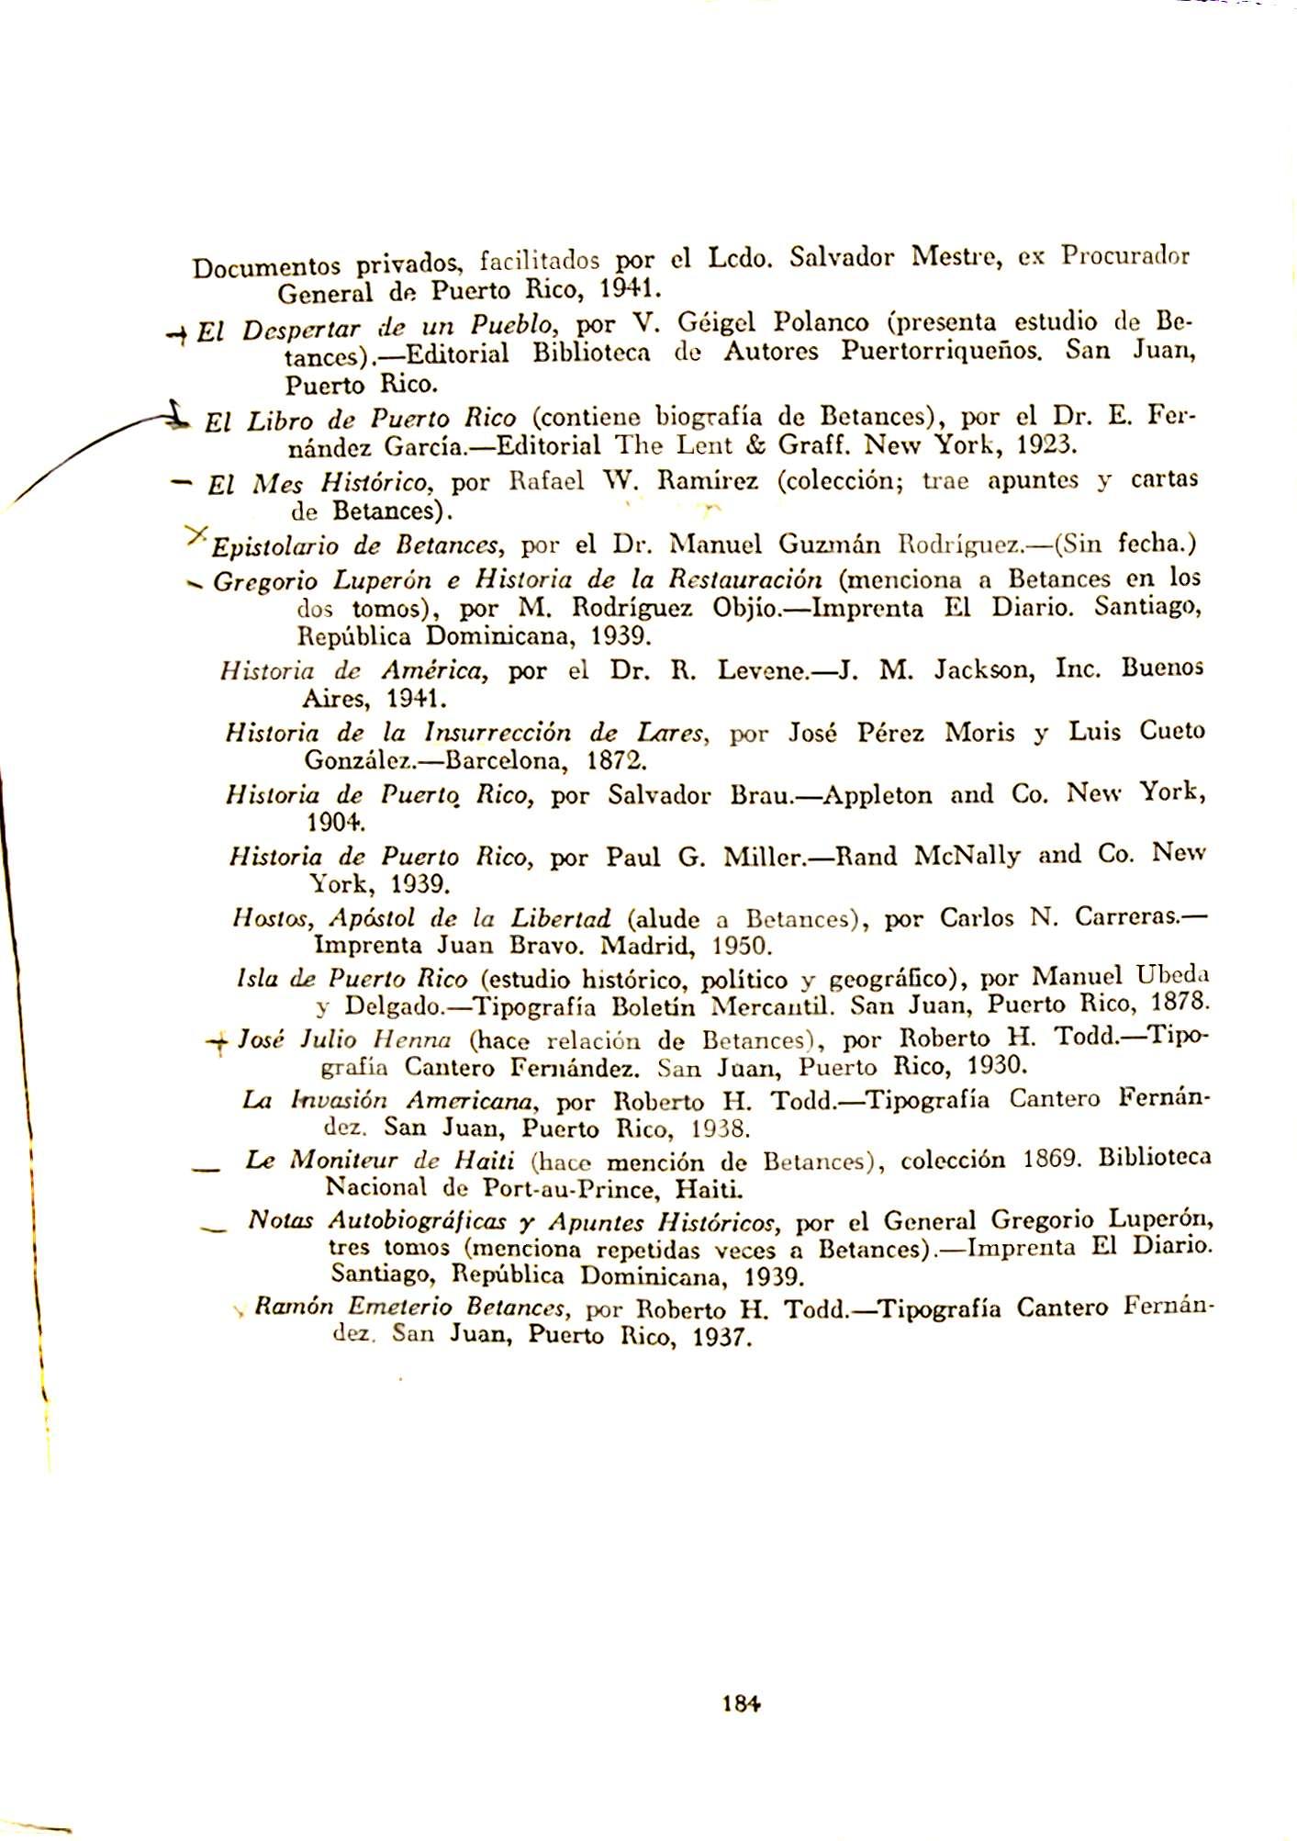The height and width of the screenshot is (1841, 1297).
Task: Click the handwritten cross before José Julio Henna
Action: [219, 1043]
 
